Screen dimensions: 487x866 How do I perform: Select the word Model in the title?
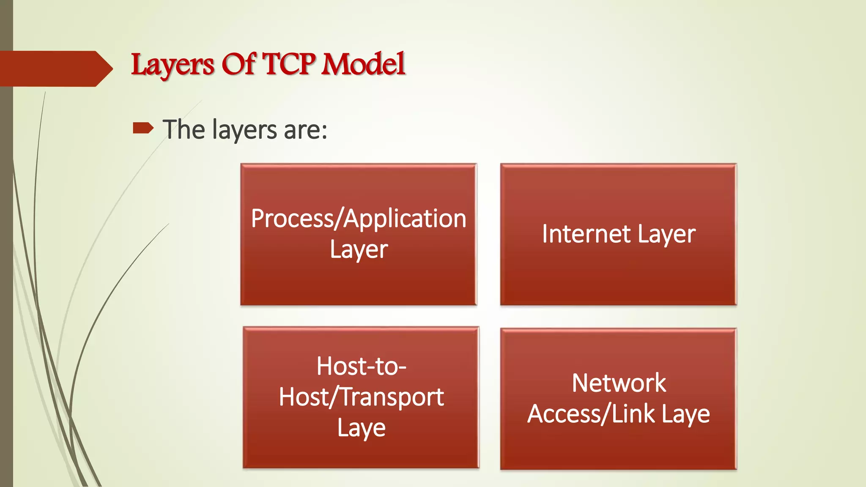(363, 64)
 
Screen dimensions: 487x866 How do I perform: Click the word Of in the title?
(238, 64)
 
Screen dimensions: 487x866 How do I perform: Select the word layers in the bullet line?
(245, 130)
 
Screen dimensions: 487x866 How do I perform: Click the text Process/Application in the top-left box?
(359, 219)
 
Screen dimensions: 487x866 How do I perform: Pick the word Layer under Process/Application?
(359, 250)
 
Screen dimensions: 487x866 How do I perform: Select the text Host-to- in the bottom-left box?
(362, 366)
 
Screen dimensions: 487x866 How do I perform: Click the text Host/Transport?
(361, 397)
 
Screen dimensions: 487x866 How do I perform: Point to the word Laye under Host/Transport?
(361, 428)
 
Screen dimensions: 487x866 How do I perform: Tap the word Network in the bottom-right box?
(619, 383)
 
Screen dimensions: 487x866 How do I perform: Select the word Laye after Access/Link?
(685, 414)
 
